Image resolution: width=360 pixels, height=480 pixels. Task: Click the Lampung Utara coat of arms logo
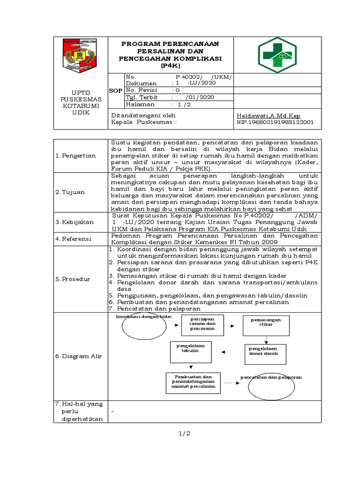(80, 55)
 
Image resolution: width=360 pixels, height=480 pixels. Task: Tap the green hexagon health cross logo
(277, 55)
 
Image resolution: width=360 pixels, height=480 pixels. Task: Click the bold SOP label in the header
(115, 90)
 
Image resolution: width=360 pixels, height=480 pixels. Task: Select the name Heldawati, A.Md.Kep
(269, 116)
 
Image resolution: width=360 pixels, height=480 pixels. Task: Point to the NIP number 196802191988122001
(276, 123)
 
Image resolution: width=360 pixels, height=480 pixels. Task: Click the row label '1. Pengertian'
(75, 156)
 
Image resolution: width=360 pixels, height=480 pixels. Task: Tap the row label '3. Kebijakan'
(75, 222)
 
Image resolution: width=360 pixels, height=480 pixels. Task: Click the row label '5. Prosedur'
(73, 279)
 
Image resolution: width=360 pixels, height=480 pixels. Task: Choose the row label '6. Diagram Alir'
(78, 356)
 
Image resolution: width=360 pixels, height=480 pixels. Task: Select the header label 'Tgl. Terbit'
(141, 97)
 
